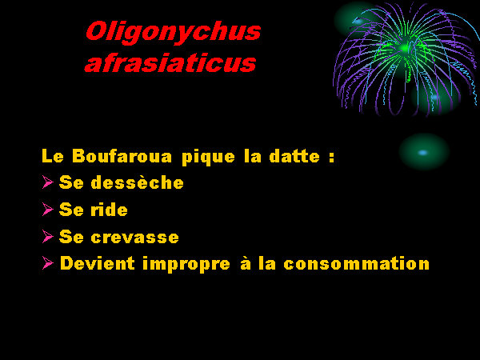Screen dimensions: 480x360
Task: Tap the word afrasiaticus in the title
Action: tap(170, 63)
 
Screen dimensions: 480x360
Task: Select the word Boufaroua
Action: tap(122, 156)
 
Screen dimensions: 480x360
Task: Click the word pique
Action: tap(208, 158)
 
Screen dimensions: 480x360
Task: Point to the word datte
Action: tap(294, 156)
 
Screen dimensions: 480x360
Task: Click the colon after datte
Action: tap(332, 158)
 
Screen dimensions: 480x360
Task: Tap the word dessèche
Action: tap(137, 182)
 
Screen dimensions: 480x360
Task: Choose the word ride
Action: tap(109, 210)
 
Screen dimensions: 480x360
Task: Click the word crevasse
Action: tap(134, 238)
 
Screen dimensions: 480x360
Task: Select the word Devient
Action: tap(98, 263)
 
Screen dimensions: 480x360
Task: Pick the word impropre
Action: tap(186, 264)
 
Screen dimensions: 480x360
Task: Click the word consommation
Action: tap(356, 263)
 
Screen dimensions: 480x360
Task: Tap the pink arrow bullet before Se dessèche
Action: tap(48, 182)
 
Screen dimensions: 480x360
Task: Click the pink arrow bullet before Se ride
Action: tap(48, 209)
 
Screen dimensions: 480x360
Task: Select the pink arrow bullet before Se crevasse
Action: tap(48, 236)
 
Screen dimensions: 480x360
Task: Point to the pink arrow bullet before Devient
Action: tap(48, 263)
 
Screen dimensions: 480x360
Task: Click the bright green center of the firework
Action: tap(405, 48)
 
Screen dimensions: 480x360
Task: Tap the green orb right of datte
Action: tap(424, 152)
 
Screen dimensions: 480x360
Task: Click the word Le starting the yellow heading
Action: tap(53, 156)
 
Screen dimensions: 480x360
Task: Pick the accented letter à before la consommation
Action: tap(246, 263)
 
